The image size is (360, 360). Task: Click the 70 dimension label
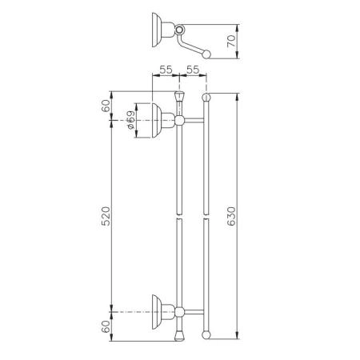click(231, 42)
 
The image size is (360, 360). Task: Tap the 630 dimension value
click(231, 216)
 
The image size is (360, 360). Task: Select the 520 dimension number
click(106, 216)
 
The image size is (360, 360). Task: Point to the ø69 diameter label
click(130, 120)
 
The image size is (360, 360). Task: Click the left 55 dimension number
click(166, 70)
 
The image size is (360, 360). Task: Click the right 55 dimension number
click(193, 70)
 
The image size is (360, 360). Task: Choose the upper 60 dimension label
click(106, 106)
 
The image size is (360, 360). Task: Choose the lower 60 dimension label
click(106, 326)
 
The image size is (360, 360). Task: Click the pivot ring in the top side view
click(180, 29)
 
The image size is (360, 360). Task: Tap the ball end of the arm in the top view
click(206, 54)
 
